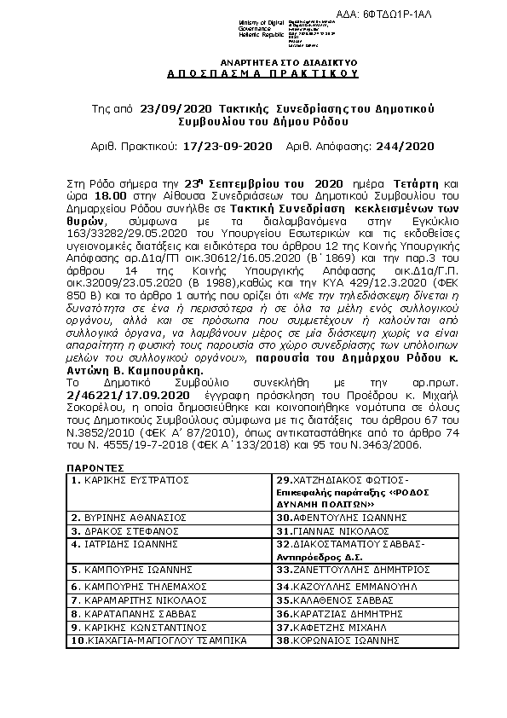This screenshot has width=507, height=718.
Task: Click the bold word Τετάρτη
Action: pyautogui.click(x=418, y=183)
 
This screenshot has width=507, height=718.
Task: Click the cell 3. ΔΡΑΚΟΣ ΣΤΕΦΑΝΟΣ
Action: pyautogui.click(x=124, y=529)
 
